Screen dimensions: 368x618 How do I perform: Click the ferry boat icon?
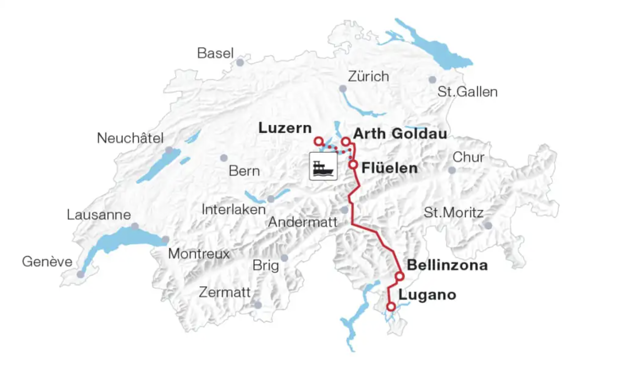tap(323, 166)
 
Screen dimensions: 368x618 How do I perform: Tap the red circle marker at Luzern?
tap(318, 141)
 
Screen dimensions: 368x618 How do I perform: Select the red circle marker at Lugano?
tap(391, 306)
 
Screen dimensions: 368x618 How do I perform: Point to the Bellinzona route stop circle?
tap(400, 276)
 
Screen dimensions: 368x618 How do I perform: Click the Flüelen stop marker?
tap(353, 164)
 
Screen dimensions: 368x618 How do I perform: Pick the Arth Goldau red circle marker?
tap(346, 141)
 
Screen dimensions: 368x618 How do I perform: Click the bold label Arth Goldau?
tap(400, 134)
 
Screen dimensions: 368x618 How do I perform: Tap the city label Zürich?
tap(368, 76)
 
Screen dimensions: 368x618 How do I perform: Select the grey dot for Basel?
tap(240, 63)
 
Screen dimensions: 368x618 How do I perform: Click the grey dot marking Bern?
tap(224, 158)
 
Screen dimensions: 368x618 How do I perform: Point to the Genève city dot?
tap(81, 274)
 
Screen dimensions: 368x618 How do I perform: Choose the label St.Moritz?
tap(453, 212)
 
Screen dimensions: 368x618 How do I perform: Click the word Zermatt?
tap(224, 293)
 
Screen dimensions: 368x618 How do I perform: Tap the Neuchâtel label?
tap(130, 138)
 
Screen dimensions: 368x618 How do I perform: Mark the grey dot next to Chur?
tap(452, 170)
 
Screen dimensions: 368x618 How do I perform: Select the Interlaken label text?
tap(234, 210)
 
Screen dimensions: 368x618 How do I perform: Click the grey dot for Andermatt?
tap(344, 210)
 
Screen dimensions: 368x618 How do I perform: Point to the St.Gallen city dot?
tap(432, 80)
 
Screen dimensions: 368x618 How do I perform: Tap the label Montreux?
tap(199, 254)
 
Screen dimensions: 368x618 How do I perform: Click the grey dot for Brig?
tap(284, 258)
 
